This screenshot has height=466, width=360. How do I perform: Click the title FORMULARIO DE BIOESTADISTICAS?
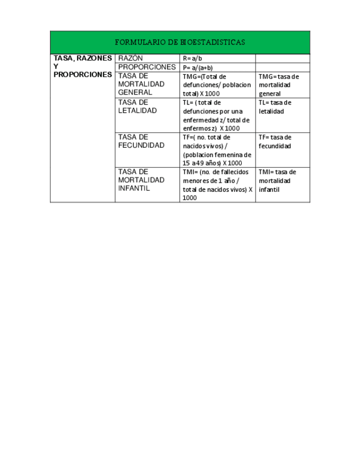(x=180, y=42)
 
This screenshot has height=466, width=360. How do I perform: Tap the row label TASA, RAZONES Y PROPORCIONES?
(x=82, y=66)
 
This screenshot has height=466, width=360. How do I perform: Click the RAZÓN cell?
(x=130, y=58)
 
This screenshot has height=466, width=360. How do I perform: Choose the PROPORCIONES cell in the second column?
(x=147, y=67)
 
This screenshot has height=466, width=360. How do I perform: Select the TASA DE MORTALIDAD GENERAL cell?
(x=141, y=85)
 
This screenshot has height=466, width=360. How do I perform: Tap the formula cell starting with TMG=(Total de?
(x=217, y=85)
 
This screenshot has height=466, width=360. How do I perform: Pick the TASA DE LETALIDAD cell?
(x=137, y=107)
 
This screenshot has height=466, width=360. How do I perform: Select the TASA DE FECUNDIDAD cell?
(x=141, y=141)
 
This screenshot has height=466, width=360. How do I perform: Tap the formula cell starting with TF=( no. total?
(x=217, y=150)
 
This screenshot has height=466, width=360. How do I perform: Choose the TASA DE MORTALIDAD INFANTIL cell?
(x=141, y=180)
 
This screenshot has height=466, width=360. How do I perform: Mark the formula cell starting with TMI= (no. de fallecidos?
(x=217, y=185)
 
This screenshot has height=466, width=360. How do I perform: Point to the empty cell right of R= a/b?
(x=283, y=58)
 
